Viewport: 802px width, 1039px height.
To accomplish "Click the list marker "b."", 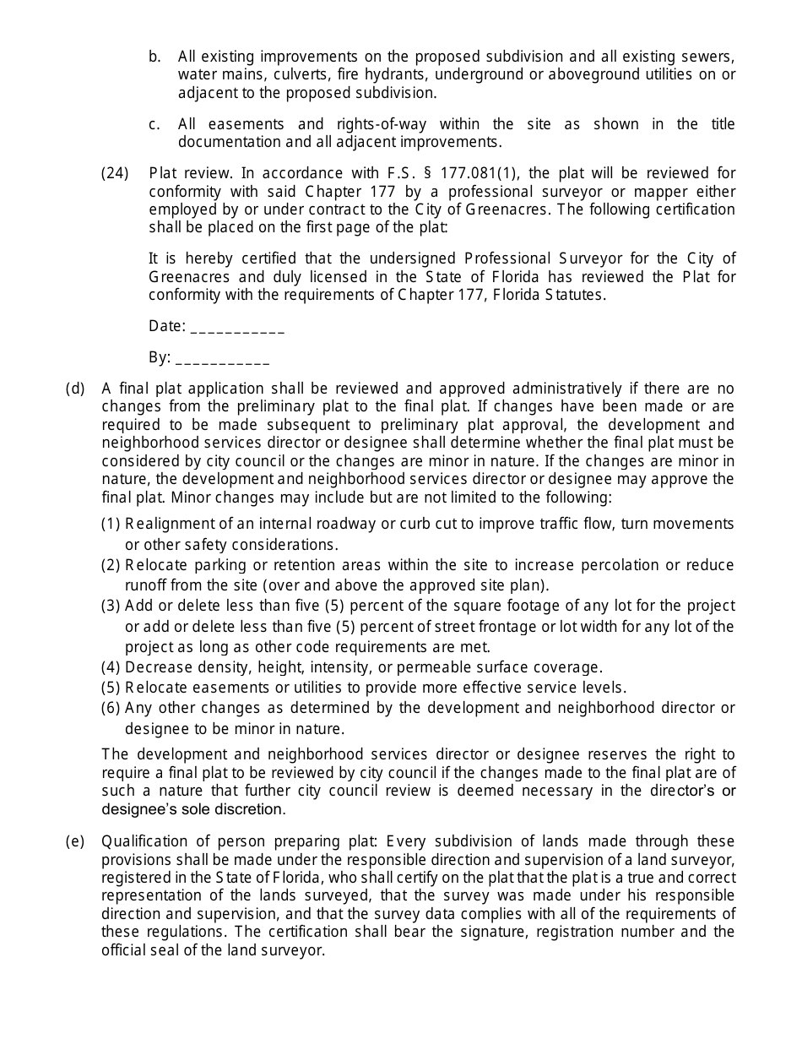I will coord(154,57).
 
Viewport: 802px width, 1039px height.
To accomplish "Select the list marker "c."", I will coord(154,124).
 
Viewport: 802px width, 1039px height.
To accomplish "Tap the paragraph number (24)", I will coord(115,173).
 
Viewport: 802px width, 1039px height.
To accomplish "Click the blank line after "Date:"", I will coord(238,327).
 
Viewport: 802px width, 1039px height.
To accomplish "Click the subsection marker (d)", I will coord(75,389).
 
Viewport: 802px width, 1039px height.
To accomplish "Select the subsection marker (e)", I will coord(75,841).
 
